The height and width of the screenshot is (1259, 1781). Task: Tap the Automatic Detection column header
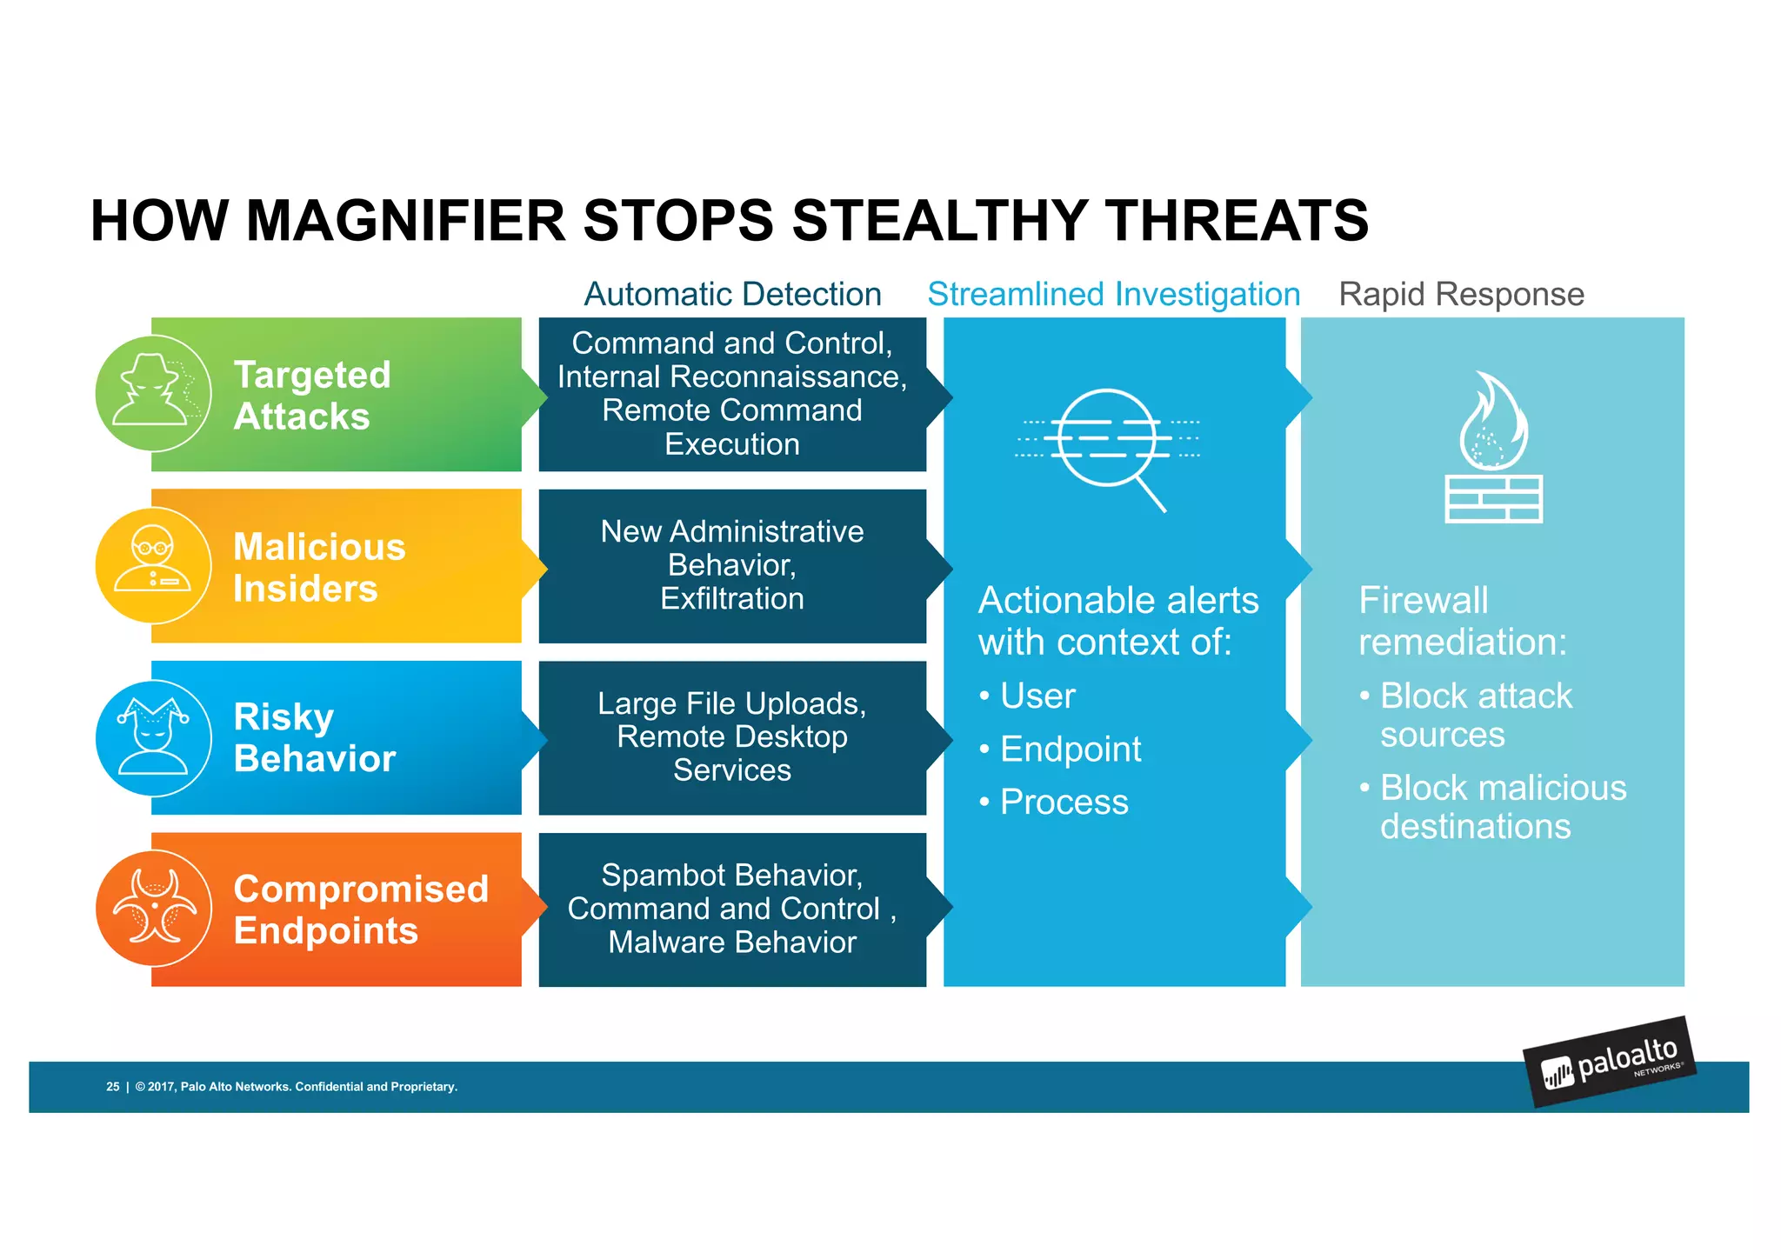click(x=732, y=294)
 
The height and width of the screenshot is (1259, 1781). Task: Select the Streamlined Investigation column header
click(x=1113, y=294)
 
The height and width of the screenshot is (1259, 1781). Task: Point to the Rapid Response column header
click(x=1461, y=294)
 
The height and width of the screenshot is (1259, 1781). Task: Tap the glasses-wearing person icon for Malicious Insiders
click(x=153, y=564)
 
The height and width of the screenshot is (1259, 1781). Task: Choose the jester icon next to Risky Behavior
click(x=153, y=736)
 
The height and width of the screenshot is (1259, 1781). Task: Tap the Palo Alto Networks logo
click(x=1609, y=1062)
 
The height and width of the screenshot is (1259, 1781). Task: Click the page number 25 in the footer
click(x=113, y=1087)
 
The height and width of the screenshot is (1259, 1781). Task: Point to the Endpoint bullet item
click(x=1070, y=749)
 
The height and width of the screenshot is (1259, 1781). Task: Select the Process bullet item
click(x=1064, y=802)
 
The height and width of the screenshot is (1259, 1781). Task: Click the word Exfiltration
click(x=732, y=598)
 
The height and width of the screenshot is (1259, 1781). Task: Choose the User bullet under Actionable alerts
click(x=1037, y=696)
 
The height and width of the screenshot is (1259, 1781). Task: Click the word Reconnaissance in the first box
click(x=789, y=376)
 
